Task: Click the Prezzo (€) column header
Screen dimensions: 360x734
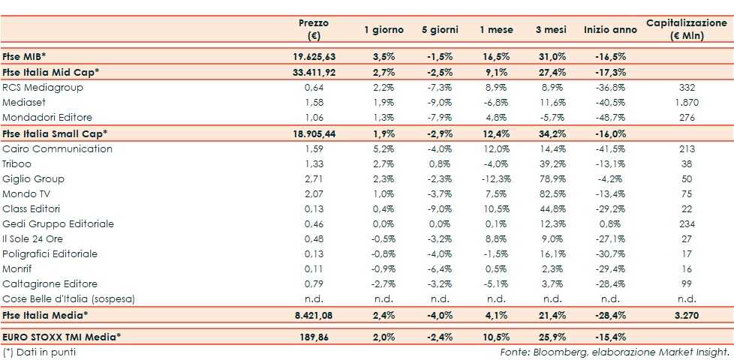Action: tap(314, 29)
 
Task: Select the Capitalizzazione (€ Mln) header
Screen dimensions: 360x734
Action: tap(687, 29)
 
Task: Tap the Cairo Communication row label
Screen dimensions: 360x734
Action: tap(58, 148)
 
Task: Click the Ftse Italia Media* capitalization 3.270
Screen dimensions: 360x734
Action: tap(687, 315)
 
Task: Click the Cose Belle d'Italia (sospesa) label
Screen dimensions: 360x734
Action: tap(68, 299)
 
